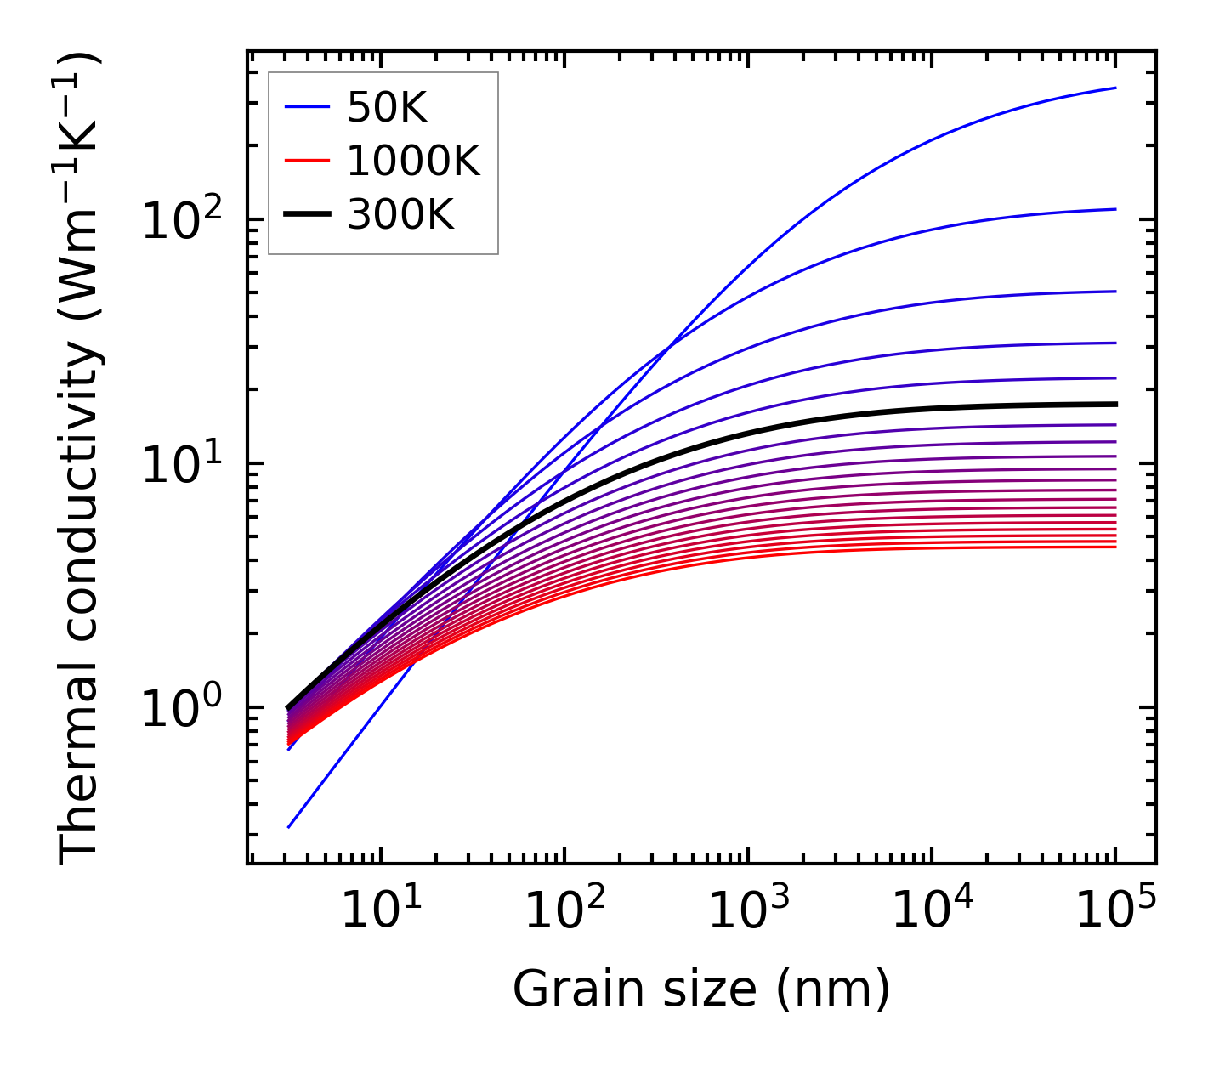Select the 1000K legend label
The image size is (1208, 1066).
click(413, 161)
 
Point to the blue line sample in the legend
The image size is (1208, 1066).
click(306, 107)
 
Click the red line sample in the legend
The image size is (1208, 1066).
click(306, 161)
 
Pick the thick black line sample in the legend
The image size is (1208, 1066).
click(306, 215)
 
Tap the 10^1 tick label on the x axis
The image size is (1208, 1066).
click(380, 912)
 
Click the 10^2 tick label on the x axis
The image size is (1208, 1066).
click(564, 912)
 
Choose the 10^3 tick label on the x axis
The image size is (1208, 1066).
click(747, 912)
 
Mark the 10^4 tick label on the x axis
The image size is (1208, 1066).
click(931, 912)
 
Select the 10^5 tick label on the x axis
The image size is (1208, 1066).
click(1114, 912)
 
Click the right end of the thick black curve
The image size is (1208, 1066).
click(1114, 404)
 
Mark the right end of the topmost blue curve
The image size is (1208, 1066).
click(1114, 88)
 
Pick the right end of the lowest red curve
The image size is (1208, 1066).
click(1114, 547)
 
